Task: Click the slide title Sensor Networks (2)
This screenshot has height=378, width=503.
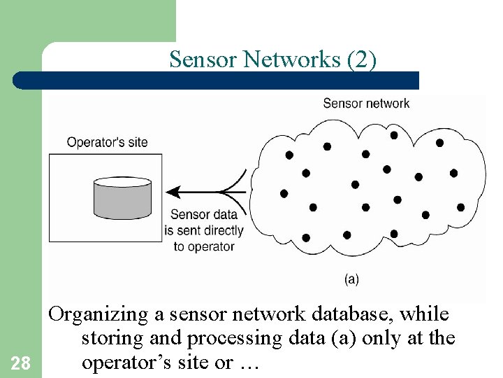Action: [272, 60]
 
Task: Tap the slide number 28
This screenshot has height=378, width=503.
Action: [20, 363]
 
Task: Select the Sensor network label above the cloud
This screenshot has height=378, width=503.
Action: [366, 104]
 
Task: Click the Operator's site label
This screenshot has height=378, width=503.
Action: [107, 142]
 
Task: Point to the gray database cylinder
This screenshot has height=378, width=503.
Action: [122, 198]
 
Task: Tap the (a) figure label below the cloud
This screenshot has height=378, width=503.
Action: [351, 279]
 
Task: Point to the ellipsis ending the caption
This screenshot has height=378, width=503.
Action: [249, 363]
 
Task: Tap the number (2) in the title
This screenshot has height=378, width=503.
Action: [361, 60]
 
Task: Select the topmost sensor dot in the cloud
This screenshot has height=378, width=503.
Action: [394, 135]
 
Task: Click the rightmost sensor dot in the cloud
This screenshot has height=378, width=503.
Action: [460, 207]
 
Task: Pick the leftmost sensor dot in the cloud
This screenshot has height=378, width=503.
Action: [284, 193]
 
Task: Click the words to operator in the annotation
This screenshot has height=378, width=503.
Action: [204, 246]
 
